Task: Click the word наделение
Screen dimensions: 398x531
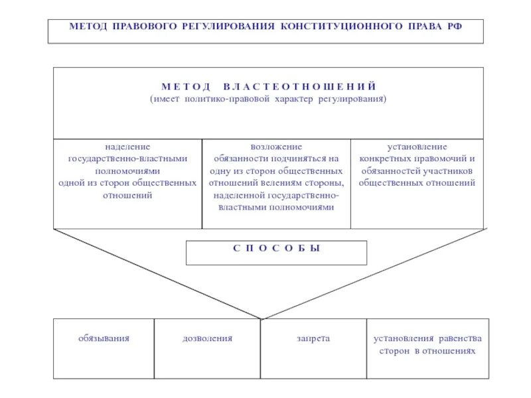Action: (127, 147)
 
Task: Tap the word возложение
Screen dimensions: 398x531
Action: (276, 147)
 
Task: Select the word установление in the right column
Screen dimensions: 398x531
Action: (417, 147)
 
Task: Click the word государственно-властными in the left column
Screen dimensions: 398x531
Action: (127, 159)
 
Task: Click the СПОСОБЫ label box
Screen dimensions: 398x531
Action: (276, 252)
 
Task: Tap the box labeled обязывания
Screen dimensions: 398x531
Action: (104, 348)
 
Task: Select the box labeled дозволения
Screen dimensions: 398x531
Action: (207, 348)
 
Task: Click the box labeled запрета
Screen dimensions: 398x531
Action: (313, 348)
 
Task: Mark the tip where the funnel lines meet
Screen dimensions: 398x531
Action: (262, 319)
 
